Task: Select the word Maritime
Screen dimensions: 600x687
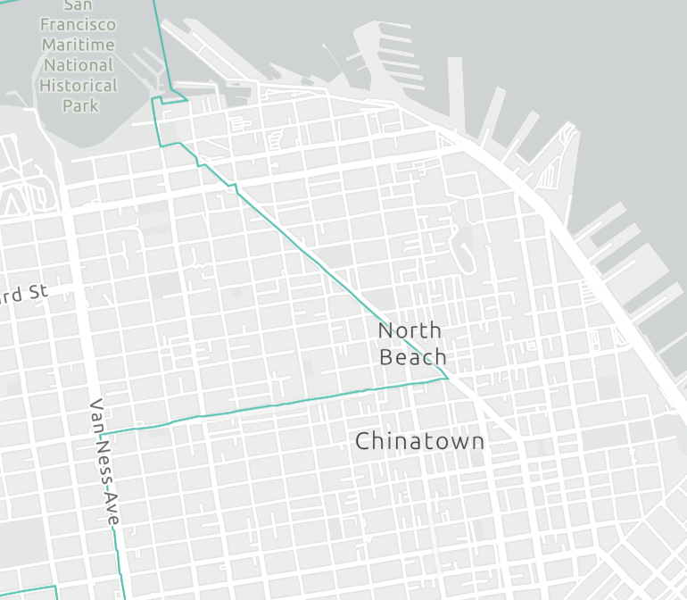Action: [x=78, y=45]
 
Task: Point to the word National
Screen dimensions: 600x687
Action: [x=79, y=65]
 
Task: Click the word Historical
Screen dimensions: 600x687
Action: [x=79, y=86]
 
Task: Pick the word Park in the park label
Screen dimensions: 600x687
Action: [x=79, y=105]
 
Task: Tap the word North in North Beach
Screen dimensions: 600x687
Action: [x=410, y=330]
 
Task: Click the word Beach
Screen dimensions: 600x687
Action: [x=412, y=357]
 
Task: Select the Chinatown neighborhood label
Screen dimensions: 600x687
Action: [x=419, y=441]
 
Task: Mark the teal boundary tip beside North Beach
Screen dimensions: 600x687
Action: [x=447, y=378]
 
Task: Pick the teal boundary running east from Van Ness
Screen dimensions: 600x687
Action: [x=268, y=406]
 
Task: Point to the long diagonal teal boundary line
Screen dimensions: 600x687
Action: [x=321, y=268]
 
